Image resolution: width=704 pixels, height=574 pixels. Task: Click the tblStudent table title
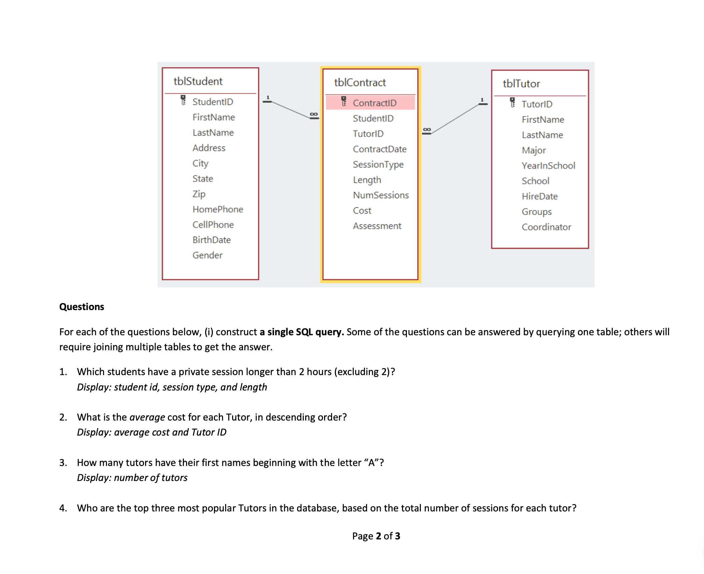click(198, 81)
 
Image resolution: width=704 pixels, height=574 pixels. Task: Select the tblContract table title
click(360, 82)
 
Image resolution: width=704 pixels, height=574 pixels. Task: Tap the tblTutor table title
click(521, 84)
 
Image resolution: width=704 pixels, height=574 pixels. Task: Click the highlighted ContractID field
click(374, 103)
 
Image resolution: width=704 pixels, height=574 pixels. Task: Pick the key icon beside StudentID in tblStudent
click(183, 100)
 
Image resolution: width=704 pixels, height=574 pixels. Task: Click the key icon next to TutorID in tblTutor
click(512, 102)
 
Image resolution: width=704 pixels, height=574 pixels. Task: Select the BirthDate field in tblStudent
click(211, 240)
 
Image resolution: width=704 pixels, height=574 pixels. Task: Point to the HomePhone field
click(218, 209)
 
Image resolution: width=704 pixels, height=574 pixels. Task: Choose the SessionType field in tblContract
click(378, 164)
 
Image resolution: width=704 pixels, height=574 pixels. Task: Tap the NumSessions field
click(381, 195)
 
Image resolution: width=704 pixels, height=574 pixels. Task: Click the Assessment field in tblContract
click(377, 226)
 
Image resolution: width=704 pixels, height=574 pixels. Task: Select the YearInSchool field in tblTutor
click(548, 166)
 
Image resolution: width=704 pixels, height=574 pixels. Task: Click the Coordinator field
click(546, 227)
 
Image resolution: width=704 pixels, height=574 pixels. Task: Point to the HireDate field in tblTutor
click(539, 196)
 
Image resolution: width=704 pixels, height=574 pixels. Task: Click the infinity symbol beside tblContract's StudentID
click(314, 115)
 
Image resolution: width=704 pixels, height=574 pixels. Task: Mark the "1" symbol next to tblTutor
click(482, 100)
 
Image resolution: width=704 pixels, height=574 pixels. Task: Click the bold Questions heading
click(82, 307)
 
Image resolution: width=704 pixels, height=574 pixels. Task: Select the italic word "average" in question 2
click(147, 417)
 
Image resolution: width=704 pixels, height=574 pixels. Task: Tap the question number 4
click(63, 508)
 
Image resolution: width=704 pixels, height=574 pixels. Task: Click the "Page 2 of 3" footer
click(376, 536)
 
